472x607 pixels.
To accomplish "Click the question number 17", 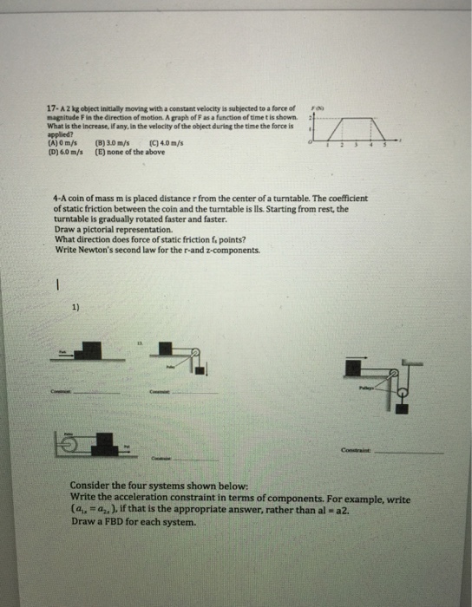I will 49,107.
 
